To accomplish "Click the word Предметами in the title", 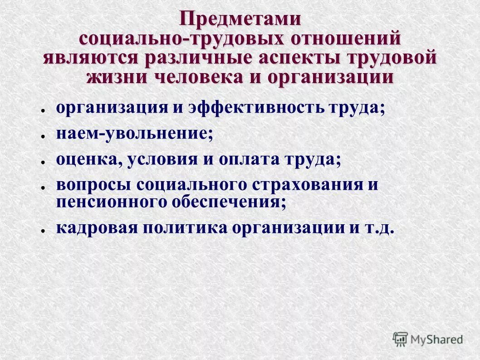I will pyautogui.click(x=240, y=19).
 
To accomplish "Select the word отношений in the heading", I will pyautogui.click(x=346, y=39).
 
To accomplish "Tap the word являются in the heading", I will pyautogui.click(x=91, y=58).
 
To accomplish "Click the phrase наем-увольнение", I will pyautogui.click(x=134, y=134).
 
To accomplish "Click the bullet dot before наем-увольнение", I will pyautogui.click(x=42, y=136).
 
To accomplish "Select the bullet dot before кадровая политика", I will pyautogui.click(x=42, y=230).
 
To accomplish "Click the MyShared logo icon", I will pyautogui.click(x=400, y=339).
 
